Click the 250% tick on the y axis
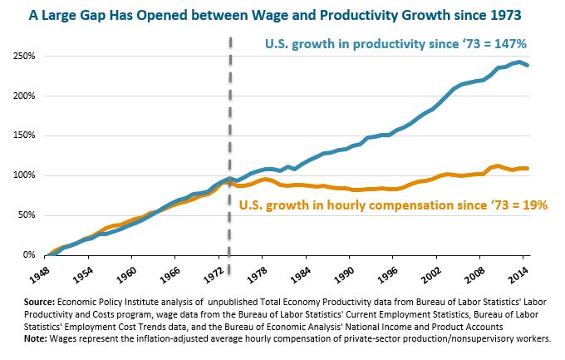(22, 56)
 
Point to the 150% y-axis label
(22, 136)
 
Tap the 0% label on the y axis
(27, 255)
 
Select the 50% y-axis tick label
(25, 215)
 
